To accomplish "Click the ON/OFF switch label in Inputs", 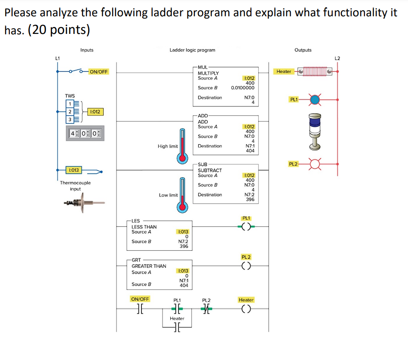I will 98,72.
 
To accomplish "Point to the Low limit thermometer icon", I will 183,194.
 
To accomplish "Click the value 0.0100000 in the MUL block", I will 242,88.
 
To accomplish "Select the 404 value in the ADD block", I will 250,151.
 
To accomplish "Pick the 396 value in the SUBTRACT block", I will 250,200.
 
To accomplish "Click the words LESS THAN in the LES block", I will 144,227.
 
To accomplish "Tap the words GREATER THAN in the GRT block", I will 149,266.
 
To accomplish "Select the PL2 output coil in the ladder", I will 246,266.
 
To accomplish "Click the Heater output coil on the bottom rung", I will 246,309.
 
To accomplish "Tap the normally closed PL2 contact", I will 206,309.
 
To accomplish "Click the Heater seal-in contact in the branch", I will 177,327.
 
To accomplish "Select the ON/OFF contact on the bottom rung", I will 139,309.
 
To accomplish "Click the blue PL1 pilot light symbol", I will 316,100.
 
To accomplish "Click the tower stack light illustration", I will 316,131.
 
